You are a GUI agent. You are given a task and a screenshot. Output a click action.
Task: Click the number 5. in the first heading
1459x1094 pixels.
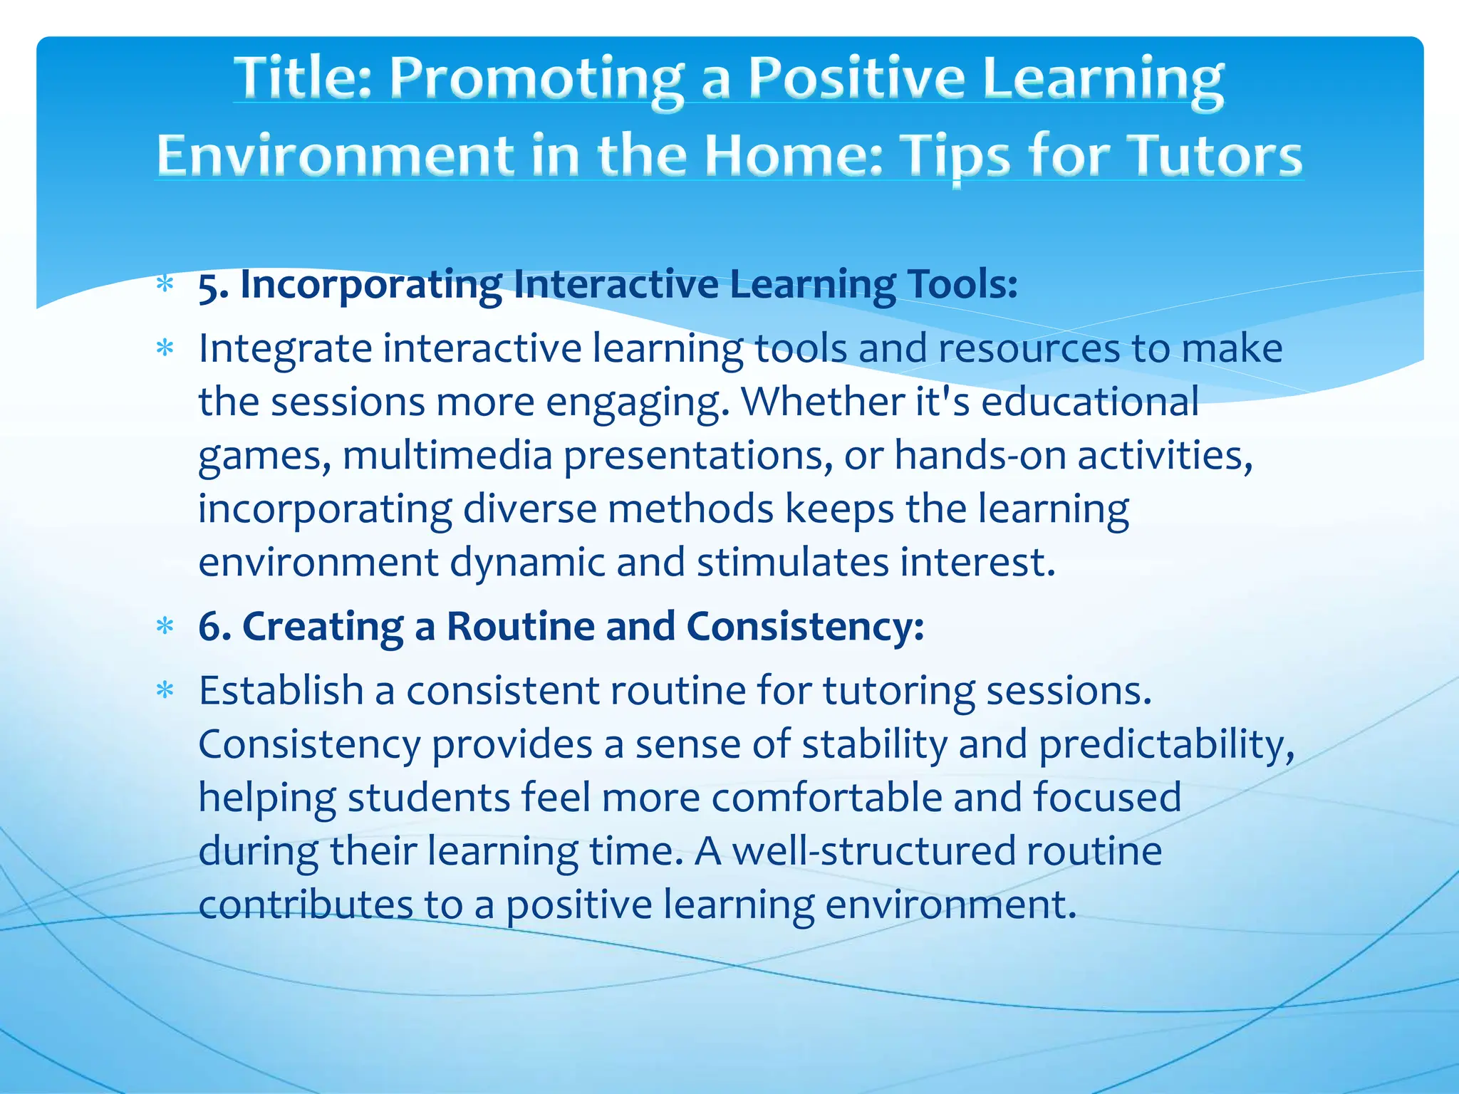(x=212, y=286)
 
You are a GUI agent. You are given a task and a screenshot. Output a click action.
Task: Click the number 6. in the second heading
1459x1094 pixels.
(x=214, y=627)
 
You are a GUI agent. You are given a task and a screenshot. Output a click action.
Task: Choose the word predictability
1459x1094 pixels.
(x=1165, y=745)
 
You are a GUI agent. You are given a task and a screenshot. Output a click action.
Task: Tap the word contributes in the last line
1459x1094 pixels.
(x=306, y=905)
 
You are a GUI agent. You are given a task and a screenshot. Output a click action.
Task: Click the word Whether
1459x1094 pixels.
(x=822, y=402)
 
